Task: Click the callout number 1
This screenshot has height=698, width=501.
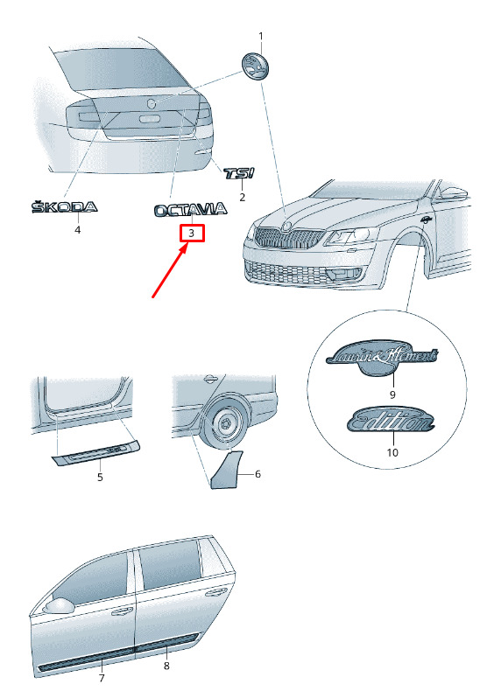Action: (261, 36)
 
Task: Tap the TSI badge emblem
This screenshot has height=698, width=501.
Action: (239, 172)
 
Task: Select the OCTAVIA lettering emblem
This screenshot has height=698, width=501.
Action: (191, 210)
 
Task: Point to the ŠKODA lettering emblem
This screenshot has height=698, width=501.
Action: (64, 206)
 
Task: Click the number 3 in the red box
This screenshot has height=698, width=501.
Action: (192, 233)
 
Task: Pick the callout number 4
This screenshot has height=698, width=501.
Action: (78, 230)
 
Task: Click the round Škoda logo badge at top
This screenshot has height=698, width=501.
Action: (255, 67)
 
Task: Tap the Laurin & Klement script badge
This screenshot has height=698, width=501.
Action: (382, 358)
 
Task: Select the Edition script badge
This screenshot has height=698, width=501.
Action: (391, 419)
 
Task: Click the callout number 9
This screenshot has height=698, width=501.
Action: (392, 394)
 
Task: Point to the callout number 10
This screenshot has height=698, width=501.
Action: (392, 452)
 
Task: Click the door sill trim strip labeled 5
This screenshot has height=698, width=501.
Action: (95, 452)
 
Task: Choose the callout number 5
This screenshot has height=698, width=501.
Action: (100, 478)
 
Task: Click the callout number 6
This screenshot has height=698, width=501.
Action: (258, 474)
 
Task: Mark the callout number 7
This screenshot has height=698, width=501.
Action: (102, 678)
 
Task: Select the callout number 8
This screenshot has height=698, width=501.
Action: (166, 666)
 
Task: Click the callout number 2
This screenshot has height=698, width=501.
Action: (242, 197)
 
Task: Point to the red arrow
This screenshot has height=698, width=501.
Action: (169, 271)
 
